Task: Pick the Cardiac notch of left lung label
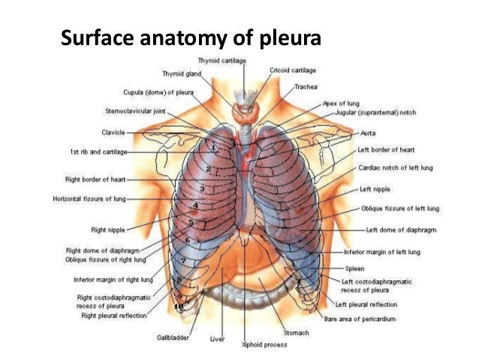coord(395,168)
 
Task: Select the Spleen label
coord(354,268)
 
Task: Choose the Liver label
coord(216,339)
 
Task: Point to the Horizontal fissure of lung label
coord(89,199)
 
